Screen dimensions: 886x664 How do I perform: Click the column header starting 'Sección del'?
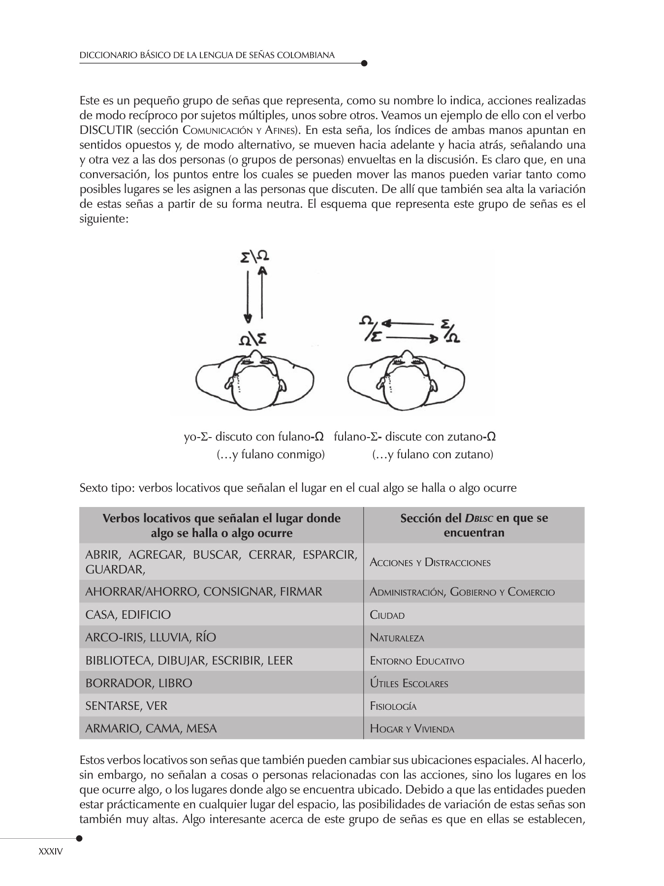pyautogui.click(x=474, y=525)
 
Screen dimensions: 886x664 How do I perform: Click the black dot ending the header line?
pyautogui.click(x=364, y=63)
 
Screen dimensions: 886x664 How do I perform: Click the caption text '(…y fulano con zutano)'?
pyautogui.click(x=433, y=454)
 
